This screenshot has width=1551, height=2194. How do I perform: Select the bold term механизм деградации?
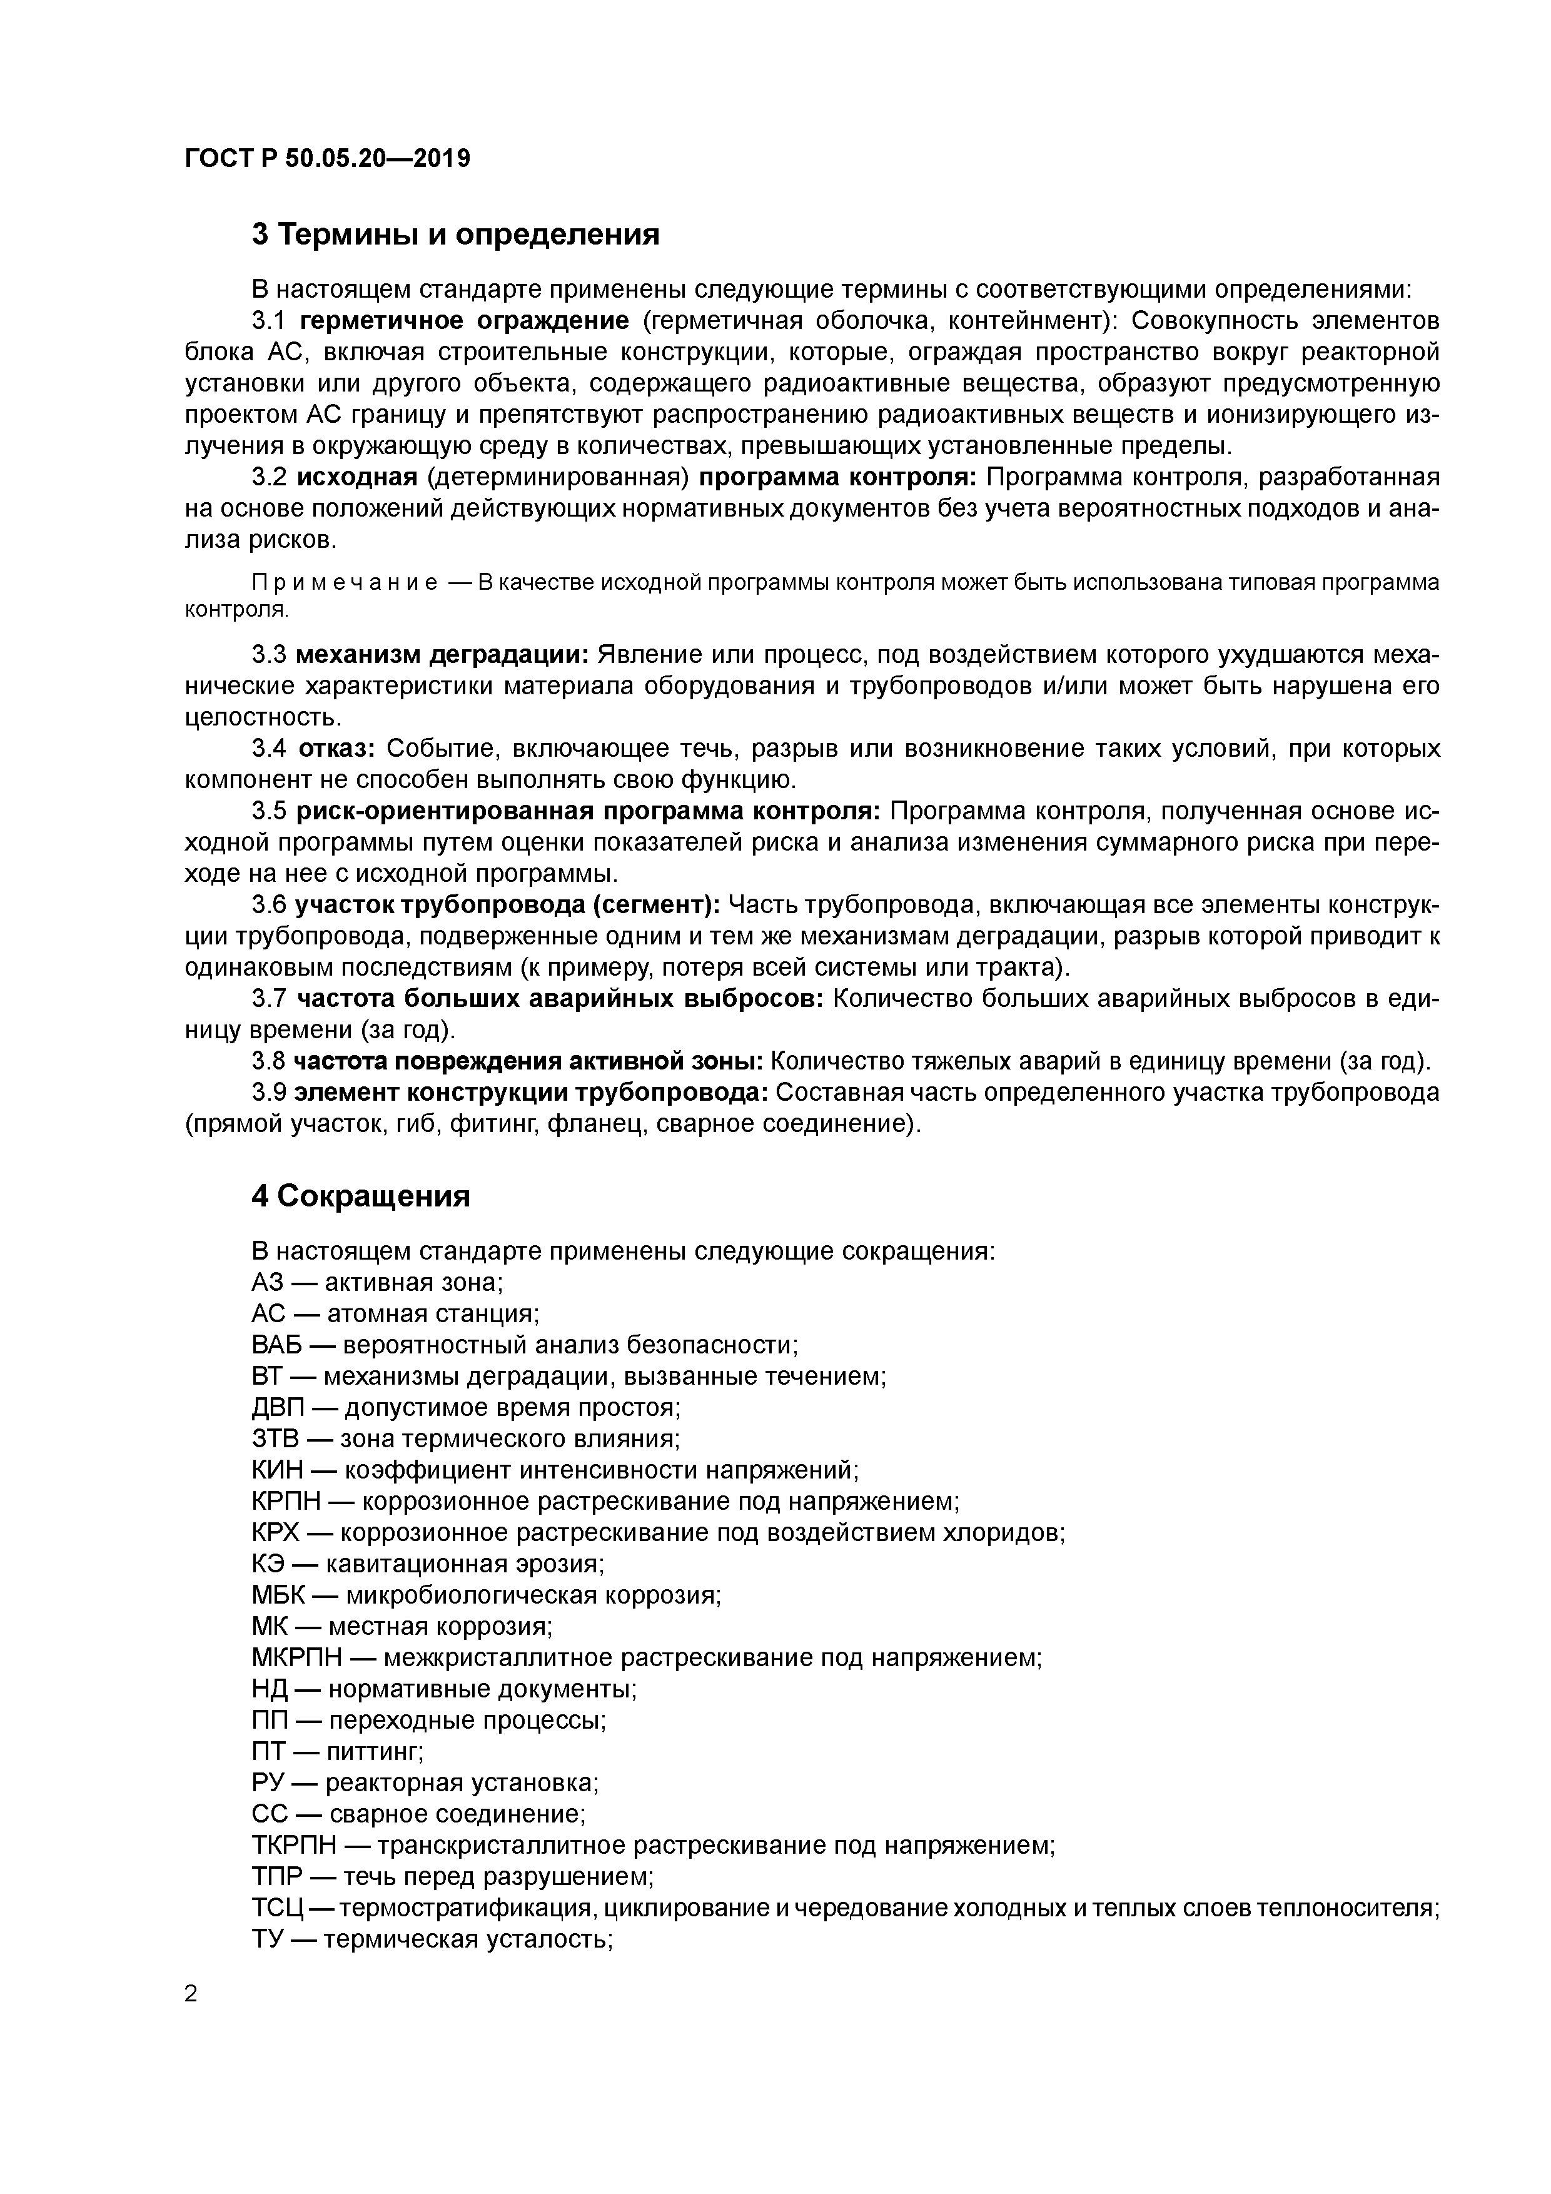(442, 655)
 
